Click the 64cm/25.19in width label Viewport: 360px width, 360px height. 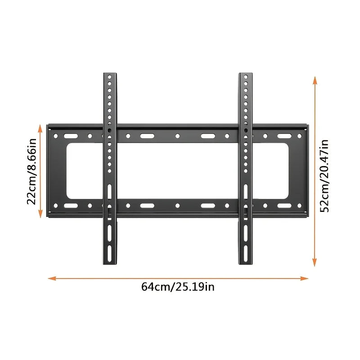(x=178, y=287)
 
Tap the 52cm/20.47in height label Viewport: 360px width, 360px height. (x=324, y=176)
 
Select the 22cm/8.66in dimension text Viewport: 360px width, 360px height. (x=31, y=171)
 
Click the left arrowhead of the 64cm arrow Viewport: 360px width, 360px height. (x=52, y=279)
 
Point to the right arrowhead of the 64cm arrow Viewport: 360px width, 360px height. (x=304, y=279)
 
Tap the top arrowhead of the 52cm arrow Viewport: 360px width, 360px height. (x=315, y=81)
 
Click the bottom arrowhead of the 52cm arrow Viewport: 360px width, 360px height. (x=315, y=262)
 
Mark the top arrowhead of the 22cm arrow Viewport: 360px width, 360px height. (x=40, y=129)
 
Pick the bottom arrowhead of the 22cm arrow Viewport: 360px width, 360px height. (x=40, y=214)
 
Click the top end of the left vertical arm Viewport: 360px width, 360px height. (x=110, y=73)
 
